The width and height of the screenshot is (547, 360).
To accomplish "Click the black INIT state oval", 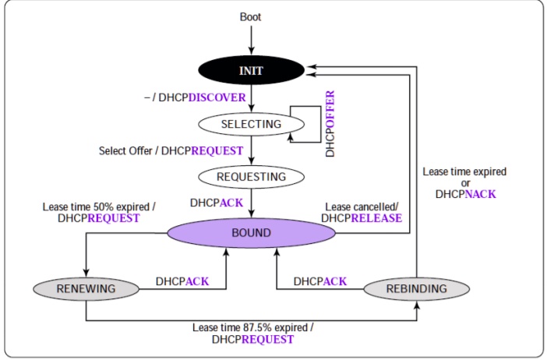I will tap(252, 71).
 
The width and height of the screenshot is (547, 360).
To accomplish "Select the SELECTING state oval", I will tap(251, 124).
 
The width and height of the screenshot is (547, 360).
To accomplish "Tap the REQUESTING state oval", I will tap(251, 176).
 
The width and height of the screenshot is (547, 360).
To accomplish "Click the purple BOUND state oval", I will tap(251, 233).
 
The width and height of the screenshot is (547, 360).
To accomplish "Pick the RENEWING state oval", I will tap(86, 289).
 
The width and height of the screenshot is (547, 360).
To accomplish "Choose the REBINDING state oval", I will tap(417, 289).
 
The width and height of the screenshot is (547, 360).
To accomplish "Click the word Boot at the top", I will tap(252, 16).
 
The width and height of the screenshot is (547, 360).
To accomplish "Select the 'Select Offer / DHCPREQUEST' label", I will tap(171, 150).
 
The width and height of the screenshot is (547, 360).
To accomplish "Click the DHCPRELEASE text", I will tap(362, 218).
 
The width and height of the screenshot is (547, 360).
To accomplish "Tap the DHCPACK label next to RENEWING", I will tap(182, 281).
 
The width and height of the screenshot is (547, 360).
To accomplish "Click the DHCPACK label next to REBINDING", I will tap(320, 281).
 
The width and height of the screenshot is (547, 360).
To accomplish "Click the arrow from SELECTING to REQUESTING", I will tap(252, 149).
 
